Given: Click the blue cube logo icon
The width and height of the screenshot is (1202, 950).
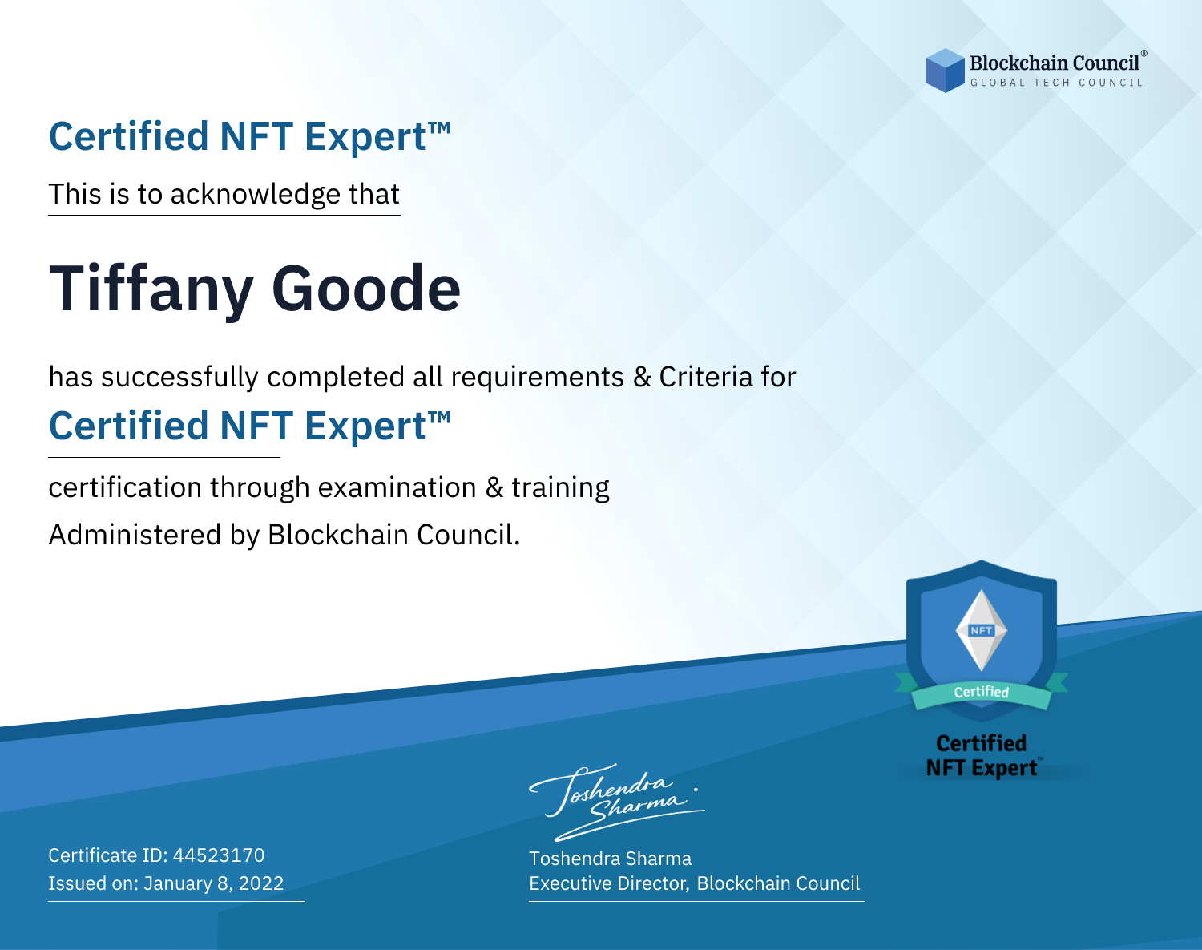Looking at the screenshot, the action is pos(945,71).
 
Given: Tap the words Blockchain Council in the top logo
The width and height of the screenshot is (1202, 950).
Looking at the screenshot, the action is pos(1055,63).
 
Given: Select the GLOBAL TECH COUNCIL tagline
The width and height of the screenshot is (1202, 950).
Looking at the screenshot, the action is pos(1057,83).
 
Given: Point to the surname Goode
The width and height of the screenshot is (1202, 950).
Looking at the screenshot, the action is pos(366,289).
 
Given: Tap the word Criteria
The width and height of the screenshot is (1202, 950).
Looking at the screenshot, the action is pos(706,377).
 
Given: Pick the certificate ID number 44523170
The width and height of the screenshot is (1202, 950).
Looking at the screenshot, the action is pos(219,855).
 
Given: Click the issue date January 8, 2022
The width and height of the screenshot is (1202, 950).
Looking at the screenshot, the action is pos(214,883).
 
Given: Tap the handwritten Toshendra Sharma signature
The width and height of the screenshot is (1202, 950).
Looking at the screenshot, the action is pos(617,802).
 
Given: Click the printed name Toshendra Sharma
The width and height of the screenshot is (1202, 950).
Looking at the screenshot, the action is pos(611,859).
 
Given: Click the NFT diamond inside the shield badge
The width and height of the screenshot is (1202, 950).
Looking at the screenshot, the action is pos(982,630).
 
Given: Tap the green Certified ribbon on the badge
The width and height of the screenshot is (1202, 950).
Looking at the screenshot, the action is pos(982,693).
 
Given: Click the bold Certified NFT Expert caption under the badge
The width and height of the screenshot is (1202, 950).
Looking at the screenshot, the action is pos(982,755).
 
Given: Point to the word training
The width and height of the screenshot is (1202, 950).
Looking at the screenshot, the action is pos(561,488).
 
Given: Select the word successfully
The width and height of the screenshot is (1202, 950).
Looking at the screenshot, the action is pos(179,378).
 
